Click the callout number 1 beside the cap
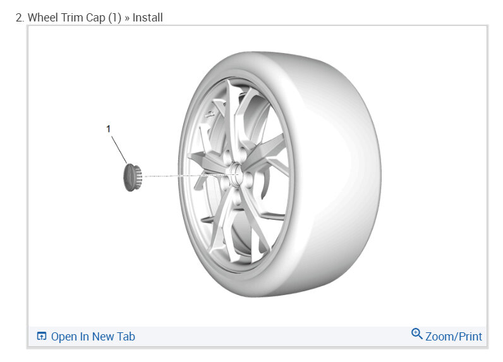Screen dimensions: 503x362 [x=109, y=129]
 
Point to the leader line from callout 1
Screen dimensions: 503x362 [x=119, y=150]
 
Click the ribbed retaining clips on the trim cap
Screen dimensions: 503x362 [x=138, y=177]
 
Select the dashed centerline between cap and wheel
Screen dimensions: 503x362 [x=191, y=176]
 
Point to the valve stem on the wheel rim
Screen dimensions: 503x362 [x=210, y=114]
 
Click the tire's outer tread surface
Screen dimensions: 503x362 [x=334, y=173]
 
